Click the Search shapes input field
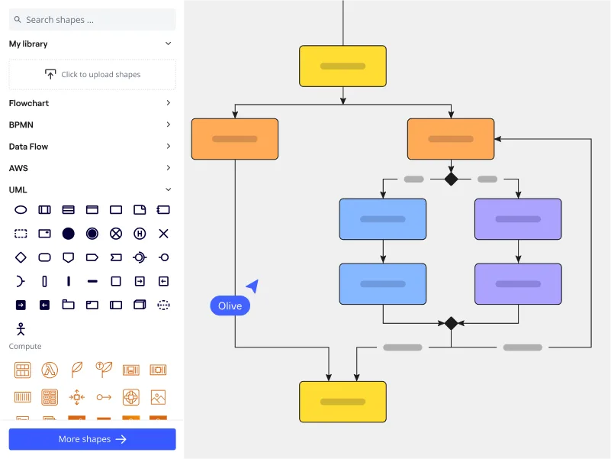92,20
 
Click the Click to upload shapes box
92,75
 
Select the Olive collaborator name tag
230,305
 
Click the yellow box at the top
342,66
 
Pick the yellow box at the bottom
342,402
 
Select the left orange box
235,139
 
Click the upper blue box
383,219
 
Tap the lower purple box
518,284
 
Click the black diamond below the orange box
451,179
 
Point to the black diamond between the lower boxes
451,323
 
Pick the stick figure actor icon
21,328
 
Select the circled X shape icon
116,233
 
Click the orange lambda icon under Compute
50,370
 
